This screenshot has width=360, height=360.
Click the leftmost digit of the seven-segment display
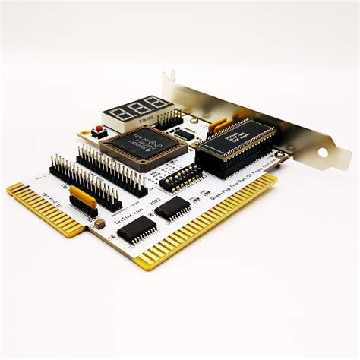click(115, 111)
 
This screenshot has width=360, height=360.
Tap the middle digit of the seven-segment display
click(135, 107)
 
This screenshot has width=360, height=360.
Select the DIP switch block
click(182, 177)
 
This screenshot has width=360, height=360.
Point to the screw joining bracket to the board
click(283, 158)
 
